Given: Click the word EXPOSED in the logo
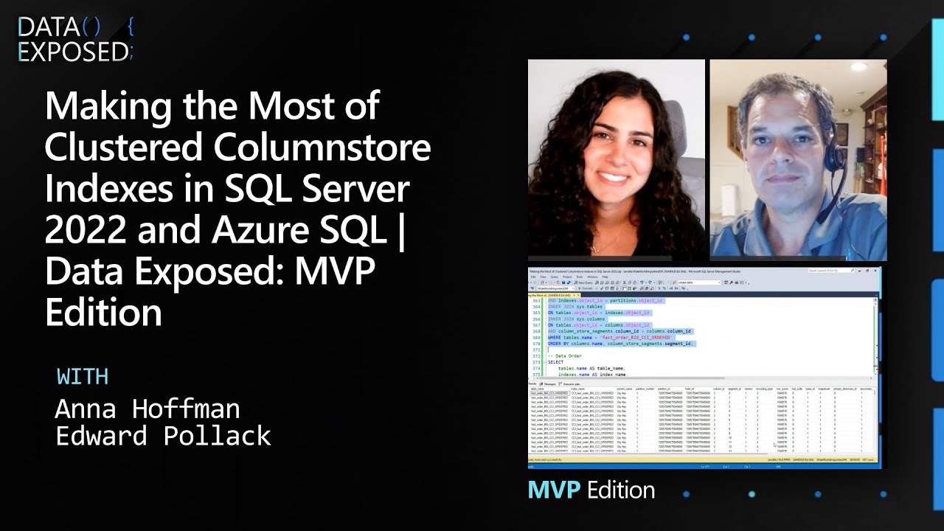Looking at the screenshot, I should (x=72, y=52).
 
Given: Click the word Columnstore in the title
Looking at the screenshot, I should (x=323, y=147).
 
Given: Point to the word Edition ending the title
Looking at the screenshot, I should (x=103, y=313).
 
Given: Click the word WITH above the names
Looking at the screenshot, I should (x=83, y=376).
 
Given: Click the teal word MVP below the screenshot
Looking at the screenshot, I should (x=554, y=490).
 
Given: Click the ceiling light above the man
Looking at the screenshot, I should (x=858, y=66).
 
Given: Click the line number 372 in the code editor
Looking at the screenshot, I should (x=536, y=355).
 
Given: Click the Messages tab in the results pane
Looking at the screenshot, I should (x=549, y=383).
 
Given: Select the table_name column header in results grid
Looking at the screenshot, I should (x=538, y=389).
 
